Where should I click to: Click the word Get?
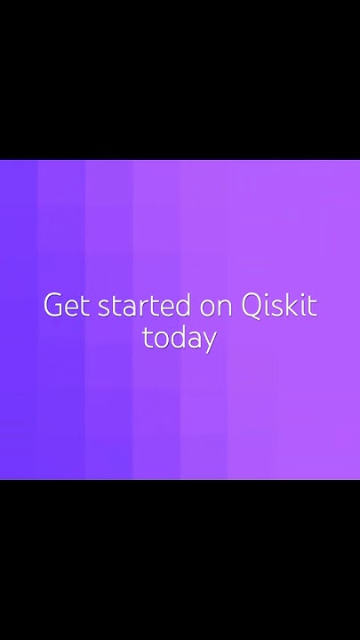tap(67, 306)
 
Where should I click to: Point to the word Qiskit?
tap(279, 306)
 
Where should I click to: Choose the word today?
tap(180, 339)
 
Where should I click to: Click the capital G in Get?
tap(53, 306)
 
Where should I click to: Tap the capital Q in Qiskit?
tap(252, 306)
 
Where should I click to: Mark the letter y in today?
tap(209, 341)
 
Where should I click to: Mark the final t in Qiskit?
tap(312, 306)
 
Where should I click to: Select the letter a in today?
tap(194, 340)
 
